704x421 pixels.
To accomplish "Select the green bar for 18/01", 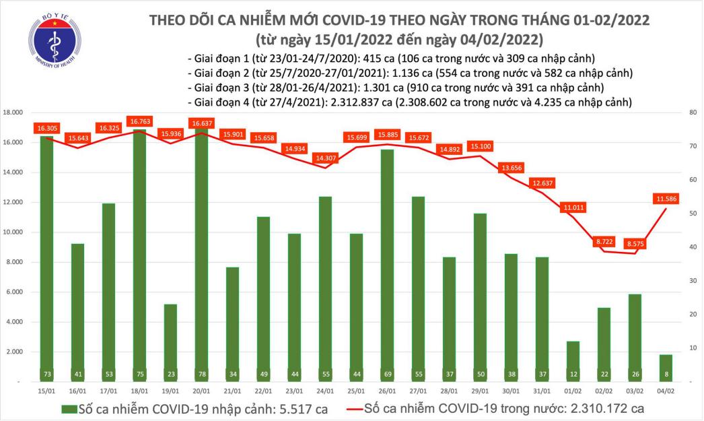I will pyautogui.click(x=138, y=256).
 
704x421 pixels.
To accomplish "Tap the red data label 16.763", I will pyautogui.click(x=141, y=121).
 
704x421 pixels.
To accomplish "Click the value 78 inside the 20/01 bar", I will pyautogui.click(x=200, y=373).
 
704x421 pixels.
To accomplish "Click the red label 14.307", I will pyautogui.click(x=324, y=158).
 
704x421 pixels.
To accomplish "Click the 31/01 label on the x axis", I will pyautogui.click(x=542, y=390).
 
